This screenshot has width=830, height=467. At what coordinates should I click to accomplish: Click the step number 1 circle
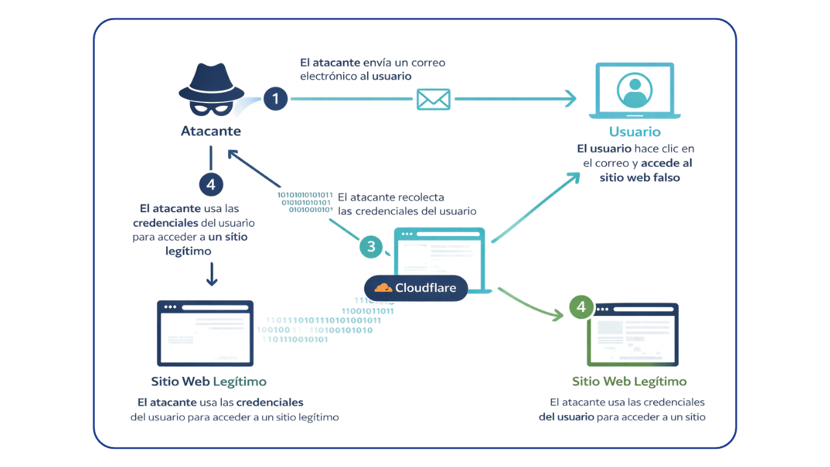276,99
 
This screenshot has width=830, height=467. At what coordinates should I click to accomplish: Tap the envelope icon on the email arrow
433,99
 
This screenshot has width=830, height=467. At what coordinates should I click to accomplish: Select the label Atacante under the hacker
211,131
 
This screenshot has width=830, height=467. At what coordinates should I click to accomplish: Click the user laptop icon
635,91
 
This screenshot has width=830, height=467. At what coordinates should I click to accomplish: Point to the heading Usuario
634,132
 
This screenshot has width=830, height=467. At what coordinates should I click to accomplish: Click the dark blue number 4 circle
211,185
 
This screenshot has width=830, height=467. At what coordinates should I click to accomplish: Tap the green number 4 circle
581,306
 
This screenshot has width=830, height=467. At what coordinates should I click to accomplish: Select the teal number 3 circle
371,246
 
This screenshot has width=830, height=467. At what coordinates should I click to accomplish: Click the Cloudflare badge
416,288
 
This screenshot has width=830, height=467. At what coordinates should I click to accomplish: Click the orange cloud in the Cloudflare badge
383,288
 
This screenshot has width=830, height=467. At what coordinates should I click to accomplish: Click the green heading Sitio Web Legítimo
629,381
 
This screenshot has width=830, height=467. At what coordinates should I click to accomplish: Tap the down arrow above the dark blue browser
211,274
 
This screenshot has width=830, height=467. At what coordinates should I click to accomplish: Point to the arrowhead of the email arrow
571,99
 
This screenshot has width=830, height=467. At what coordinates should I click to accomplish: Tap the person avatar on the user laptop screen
635,90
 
